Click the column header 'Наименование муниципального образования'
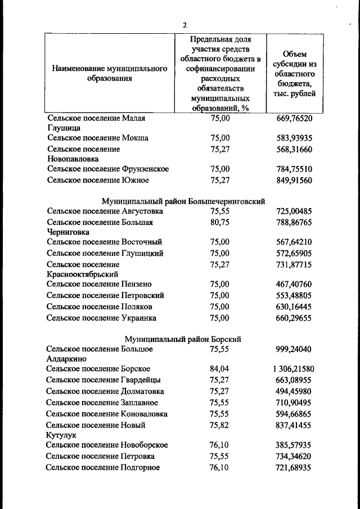pos(110,73)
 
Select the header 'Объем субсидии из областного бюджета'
pos(295,73)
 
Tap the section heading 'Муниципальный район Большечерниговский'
pos(183,201)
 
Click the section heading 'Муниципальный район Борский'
pos(183,339)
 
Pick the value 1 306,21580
pos(293,369)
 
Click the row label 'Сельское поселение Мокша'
pos(97,138)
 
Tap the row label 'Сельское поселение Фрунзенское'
pos(107,169)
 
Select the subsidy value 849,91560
pos(294,181)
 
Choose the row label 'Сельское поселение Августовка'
pos(105,211)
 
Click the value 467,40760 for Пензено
pos(294,285)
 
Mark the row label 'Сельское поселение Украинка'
pos(101,318)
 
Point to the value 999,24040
pos(294,349)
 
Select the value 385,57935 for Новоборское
pos(294,445)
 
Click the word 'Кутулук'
pos(61,435)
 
